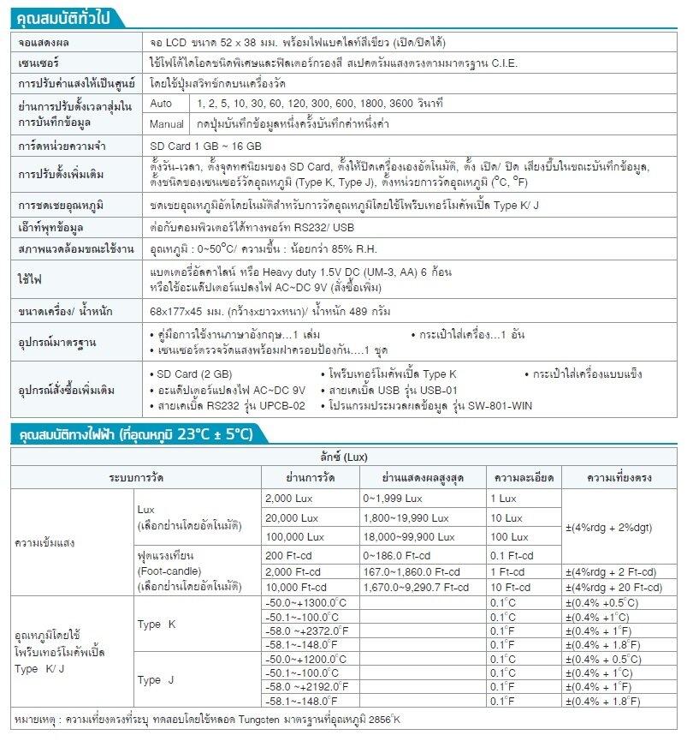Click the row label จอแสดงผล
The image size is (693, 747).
(44, 43)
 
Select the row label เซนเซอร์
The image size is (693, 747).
(39, 63)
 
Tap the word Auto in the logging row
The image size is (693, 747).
(161, 104)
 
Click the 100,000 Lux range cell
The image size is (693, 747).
(295, 537)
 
